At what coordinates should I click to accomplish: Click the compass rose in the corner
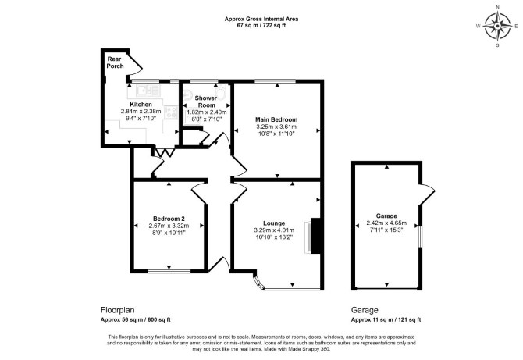coord(497,26)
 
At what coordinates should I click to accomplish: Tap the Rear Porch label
coord(115,62)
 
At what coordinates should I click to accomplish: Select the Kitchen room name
coord(141,105)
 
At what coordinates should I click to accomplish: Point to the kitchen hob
coord(172,112)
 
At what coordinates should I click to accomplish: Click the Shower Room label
coord(206,102)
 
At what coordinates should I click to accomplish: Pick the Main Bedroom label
coord(276,119)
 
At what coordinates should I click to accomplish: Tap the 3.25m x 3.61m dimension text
coord(276,127)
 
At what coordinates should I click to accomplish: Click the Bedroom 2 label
coord(169,219)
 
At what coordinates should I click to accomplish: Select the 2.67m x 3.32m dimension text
coord(169,226)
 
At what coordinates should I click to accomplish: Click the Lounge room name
coord(274,223)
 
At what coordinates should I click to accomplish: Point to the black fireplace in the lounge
coord(316,236)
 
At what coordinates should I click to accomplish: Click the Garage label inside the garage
coord(386,216)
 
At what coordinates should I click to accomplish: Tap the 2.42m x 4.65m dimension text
coord(386,223)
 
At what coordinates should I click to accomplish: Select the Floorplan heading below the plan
coord(117,310)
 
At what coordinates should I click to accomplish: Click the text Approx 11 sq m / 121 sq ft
coord(386,319)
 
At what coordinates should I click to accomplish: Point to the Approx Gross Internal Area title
coord(261,19)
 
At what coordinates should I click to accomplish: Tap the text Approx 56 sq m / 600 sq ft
coord(135,319)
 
